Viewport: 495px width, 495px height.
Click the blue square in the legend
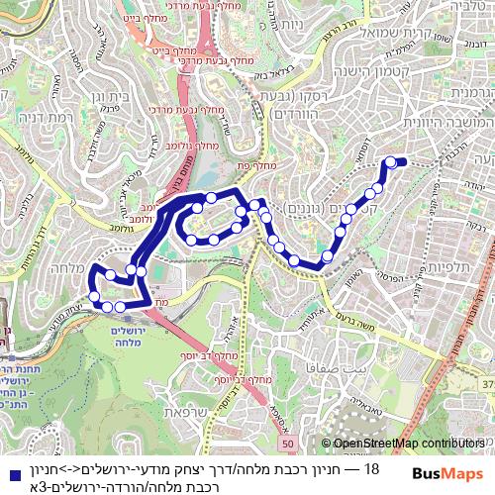[x=10, y=468]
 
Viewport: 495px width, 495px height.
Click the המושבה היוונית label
[x=437, y=120]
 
